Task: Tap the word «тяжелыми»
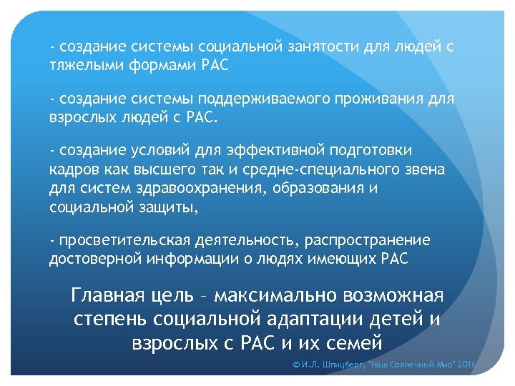(x=80, y=65)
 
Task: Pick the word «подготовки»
(x=371, y=150)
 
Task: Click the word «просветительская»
(x=118, y=240)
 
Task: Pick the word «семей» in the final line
(x=348, y=342)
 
